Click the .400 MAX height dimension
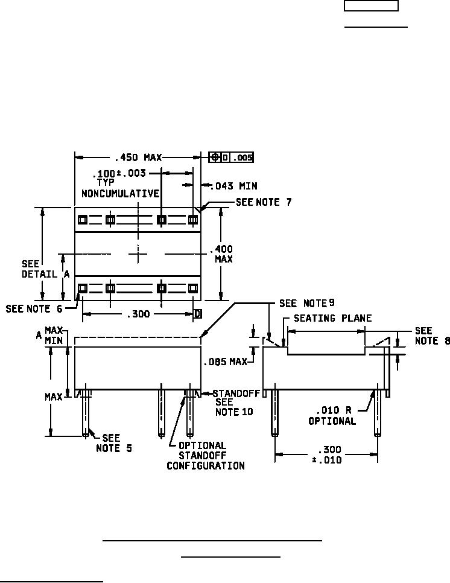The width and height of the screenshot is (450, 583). (221, 253)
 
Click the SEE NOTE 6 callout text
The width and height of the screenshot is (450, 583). (34, 308)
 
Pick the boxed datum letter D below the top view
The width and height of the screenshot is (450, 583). (198, 314)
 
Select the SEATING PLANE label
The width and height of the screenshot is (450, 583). (332, 318)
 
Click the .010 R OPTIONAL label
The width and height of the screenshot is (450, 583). (332, 416)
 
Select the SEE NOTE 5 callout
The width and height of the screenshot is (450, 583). (113, 443)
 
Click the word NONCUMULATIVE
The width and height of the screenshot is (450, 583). (121, 194)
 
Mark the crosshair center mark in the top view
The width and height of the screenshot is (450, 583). (138, 254)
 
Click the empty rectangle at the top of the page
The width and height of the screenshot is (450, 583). (371, 5)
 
